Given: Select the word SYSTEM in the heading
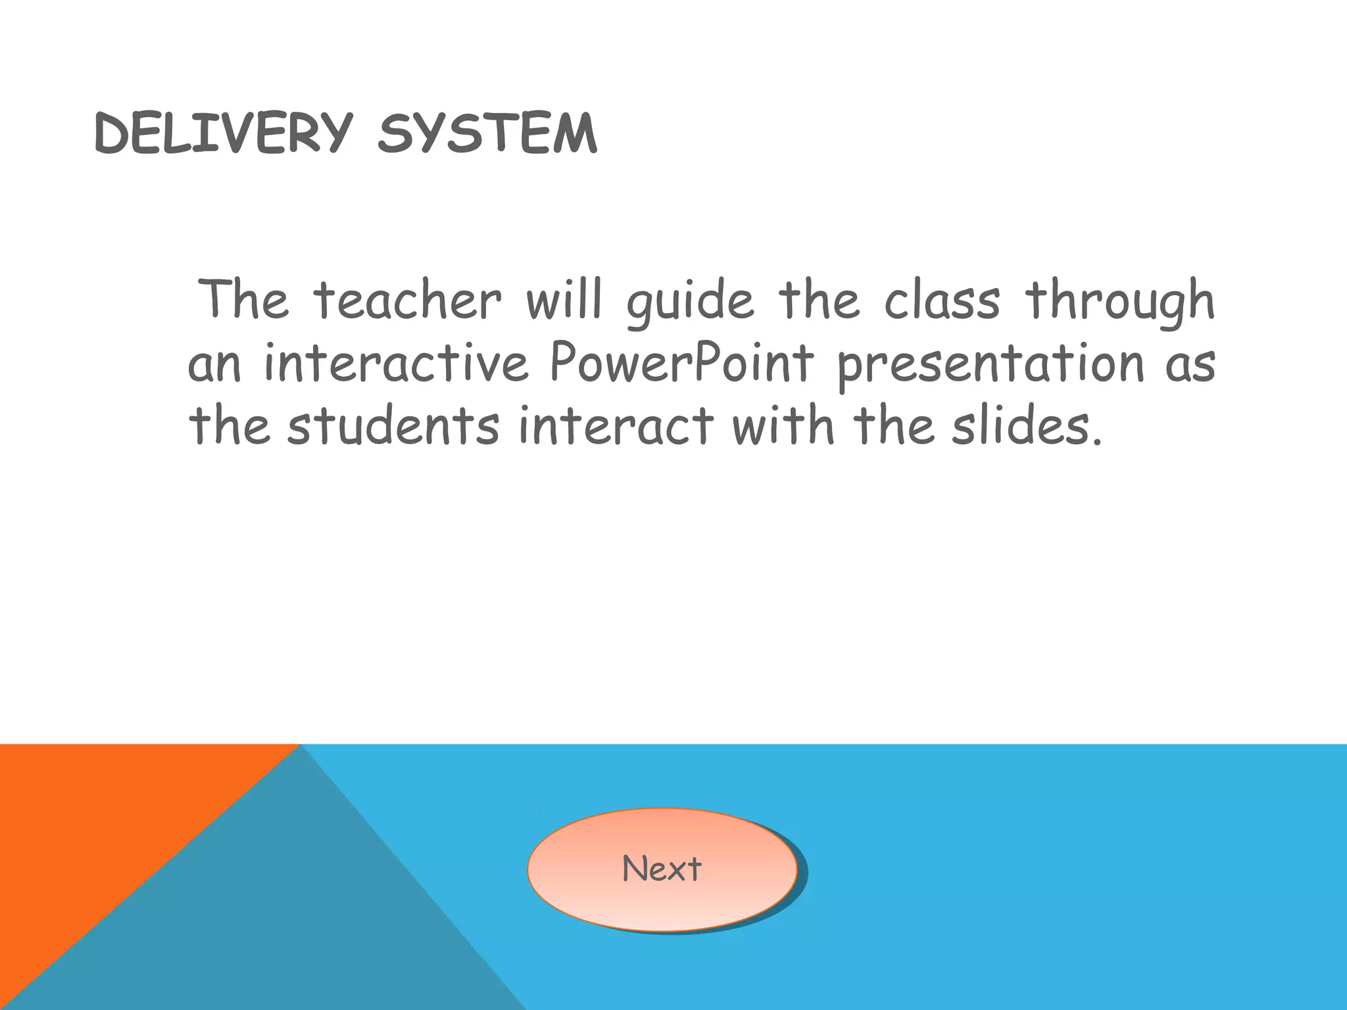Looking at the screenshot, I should coord(487,133).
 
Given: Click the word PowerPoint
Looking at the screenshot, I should coord(681,363).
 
